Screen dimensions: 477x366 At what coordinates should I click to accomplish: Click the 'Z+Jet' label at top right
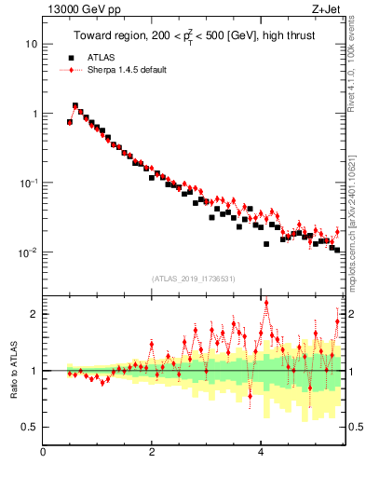click(325, 10)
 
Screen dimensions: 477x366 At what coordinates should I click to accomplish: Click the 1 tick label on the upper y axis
click(34, 114)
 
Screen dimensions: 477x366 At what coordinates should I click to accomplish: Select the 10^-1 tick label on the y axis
click(29, 183)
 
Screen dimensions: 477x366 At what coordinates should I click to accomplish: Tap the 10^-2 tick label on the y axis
click(29, 252)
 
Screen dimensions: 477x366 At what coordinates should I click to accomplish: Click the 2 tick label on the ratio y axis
click(34, 314)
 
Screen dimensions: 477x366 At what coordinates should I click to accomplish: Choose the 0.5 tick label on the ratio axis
click(30, 427)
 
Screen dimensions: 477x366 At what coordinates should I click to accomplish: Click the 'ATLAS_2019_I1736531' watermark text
click(192, 279)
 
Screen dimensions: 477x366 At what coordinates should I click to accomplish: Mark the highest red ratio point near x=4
click(266, 302)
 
